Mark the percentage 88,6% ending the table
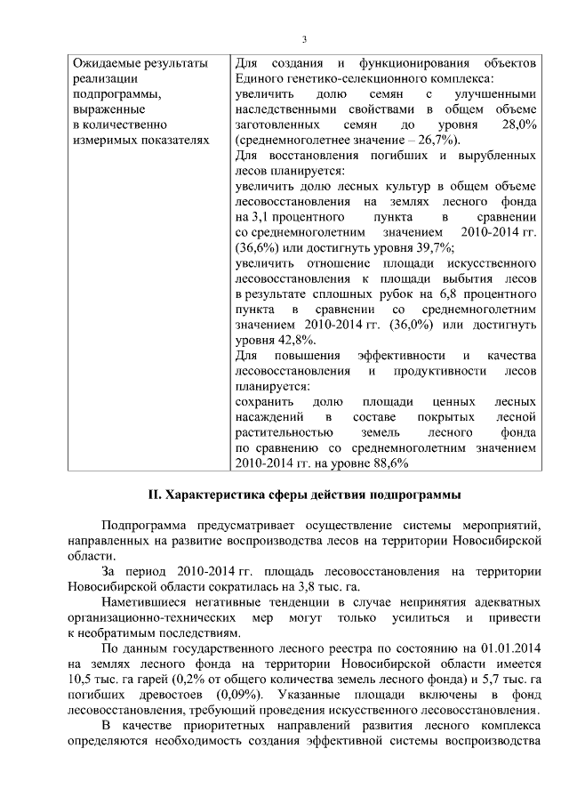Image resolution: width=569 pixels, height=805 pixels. click(388, 463)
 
